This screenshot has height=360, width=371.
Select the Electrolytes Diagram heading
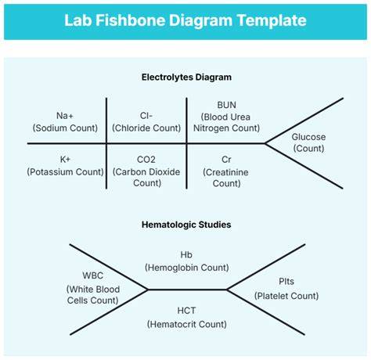pos(186,77)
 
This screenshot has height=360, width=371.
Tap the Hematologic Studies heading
pos(186,225)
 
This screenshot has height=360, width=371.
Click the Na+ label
pos(65,116)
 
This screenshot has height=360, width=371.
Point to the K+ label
pos(65,159)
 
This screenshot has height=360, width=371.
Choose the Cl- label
pos(146,116)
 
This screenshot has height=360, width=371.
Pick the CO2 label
pos(146,160)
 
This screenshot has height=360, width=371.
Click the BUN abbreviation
pos(226,105)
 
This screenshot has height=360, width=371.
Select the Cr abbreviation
pos(226,160)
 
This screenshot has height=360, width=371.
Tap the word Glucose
pos(308,137)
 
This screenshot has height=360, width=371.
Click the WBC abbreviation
pos(92,275)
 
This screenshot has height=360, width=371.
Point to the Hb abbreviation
pos(186,254)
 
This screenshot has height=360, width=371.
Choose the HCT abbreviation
pos(186,311)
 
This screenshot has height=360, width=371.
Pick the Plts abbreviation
pos(286,281)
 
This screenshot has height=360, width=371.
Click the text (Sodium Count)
pos(65,128)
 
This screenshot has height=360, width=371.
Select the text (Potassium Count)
pos(65,171)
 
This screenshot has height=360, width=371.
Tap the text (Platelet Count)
pos(286,296)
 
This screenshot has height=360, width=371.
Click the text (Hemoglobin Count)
pos(186,268)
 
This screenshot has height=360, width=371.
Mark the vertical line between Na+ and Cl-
pos(106,143)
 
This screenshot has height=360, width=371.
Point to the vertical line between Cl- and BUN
pos(186,143)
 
